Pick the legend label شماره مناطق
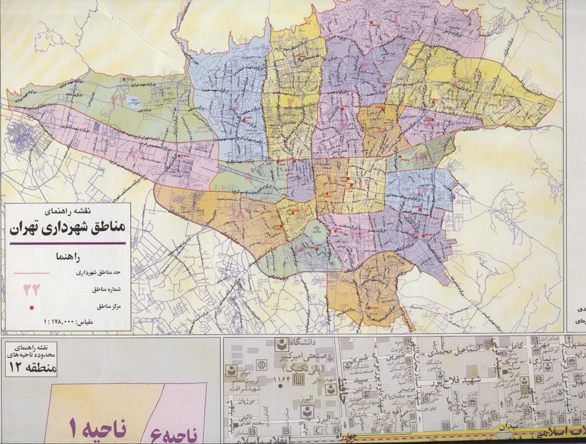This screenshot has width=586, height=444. pyautogui.click(x=106, y=290)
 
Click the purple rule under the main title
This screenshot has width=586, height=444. pyautogui.click(x=67, y=243)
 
